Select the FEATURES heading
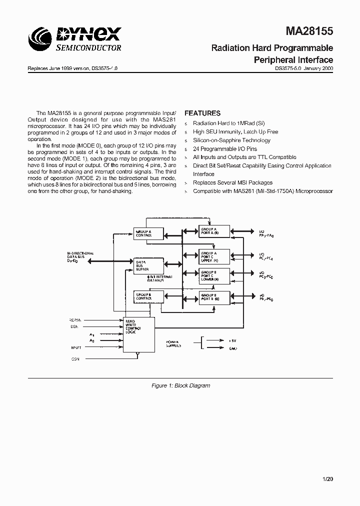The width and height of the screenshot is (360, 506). point(202,113)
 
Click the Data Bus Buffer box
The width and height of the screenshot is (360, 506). point(148,265)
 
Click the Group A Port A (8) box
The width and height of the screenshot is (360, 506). point(214,231)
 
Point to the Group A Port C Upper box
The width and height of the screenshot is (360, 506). point(214,256)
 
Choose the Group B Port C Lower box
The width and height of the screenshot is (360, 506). point(214,275)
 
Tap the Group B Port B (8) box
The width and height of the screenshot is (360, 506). point(214,297)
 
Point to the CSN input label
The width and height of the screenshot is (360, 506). point(75,358)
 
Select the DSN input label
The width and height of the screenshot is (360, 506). point(74,326)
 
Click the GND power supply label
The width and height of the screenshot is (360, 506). point(233,348)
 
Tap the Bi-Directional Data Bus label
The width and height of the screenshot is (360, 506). point(80,256)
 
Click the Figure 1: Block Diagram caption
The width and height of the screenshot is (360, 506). point(180,385)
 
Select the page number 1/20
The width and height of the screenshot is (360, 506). point(327,479)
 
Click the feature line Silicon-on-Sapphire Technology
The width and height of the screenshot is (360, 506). point(224,140)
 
